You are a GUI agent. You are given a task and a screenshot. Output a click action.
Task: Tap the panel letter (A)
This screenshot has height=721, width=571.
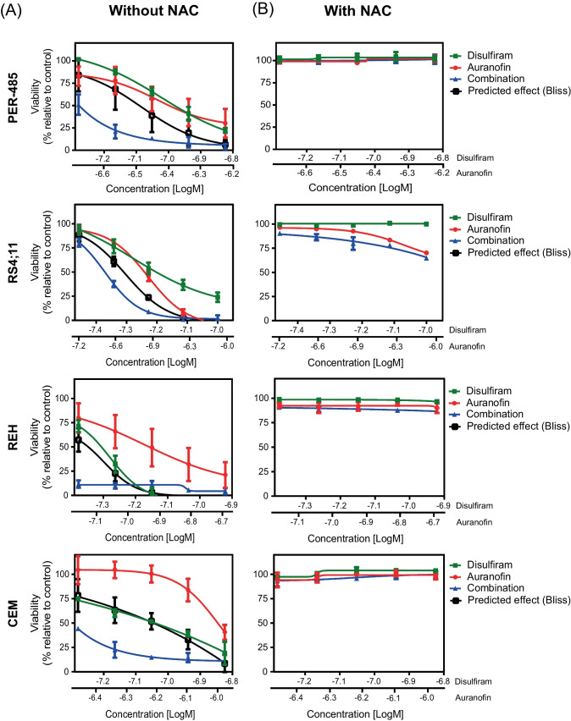18,15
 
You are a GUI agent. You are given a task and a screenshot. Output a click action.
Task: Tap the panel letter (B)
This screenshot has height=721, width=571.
256,15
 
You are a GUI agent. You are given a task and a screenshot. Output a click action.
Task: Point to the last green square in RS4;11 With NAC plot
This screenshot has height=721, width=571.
426,223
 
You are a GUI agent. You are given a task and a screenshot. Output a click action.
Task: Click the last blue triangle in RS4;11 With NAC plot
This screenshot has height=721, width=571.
426,257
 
